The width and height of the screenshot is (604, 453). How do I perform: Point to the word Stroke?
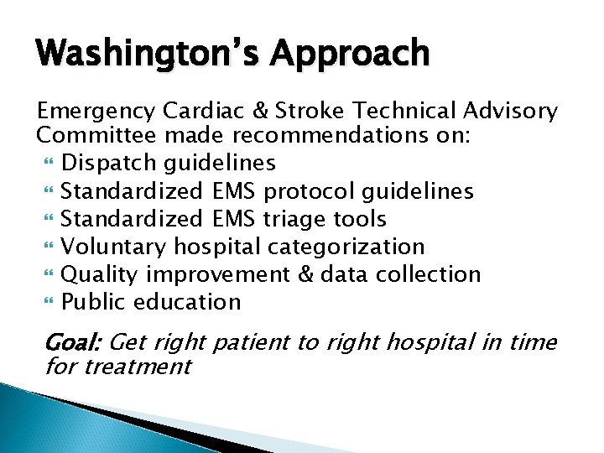(x=317, y=111)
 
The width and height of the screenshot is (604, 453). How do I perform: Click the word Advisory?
(x=509, y=111)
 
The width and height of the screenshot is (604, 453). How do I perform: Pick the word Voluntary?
(x=115, y=247)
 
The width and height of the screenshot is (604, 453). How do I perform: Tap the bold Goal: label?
(x=72, y=342)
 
